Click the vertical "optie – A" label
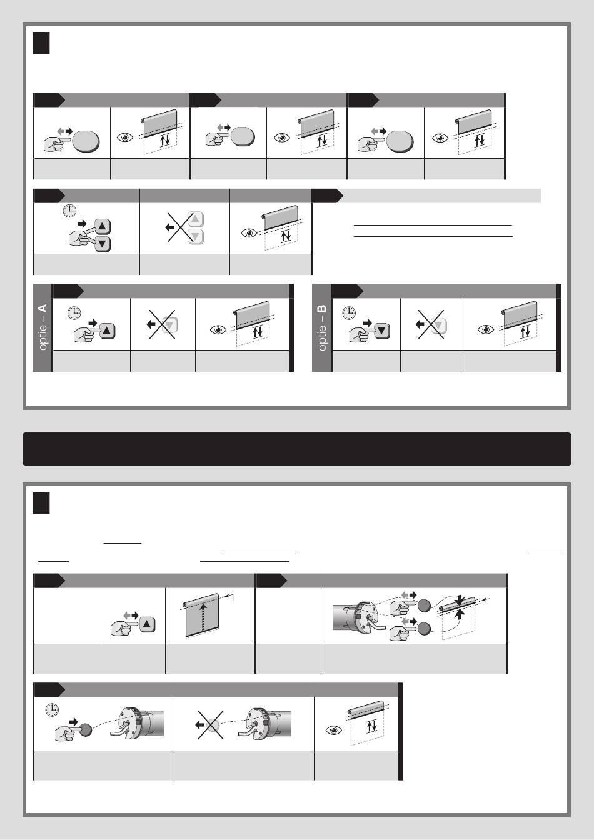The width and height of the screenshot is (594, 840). pyautogui.click(x=43, y=327)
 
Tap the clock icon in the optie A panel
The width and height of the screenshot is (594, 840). pyautogui.click(x=74, y=312)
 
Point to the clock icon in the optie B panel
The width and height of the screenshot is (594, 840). pyautogui.click(x=350, y=312)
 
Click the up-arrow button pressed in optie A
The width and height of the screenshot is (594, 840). pyautogui.click(x=108, y=331)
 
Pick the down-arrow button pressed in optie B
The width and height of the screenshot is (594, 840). pyautogui.click(x=382, y=331)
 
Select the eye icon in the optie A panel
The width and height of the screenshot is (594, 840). pyautogui.click(x=218, y=330)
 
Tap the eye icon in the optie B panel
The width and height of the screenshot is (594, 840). pyautogui.click(x=486, y=329)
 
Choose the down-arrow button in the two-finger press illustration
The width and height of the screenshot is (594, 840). pyautogui.click(x=103, y=244)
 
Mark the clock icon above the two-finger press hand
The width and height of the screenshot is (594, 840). pyautogui.click(x=70, y=211)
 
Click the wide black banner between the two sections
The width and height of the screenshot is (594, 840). pyautogui.click(x=297, y=449)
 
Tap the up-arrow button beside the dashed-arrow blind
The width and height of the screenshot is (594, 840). pyautogui.click(x=147, y=624)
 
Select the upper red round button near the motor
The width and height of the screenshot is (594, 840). pyautogui.click(x=424, y=606)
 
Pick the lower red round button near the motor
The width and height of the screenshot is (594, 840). pyautogui.click(x=424, y=629)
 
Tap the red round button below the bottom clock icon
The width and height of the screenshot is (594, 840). pyautogui.click(x=85, y=730)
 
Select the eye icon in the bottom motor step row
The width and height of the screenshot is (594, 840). pyautogui.click(x=334, y=730)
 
